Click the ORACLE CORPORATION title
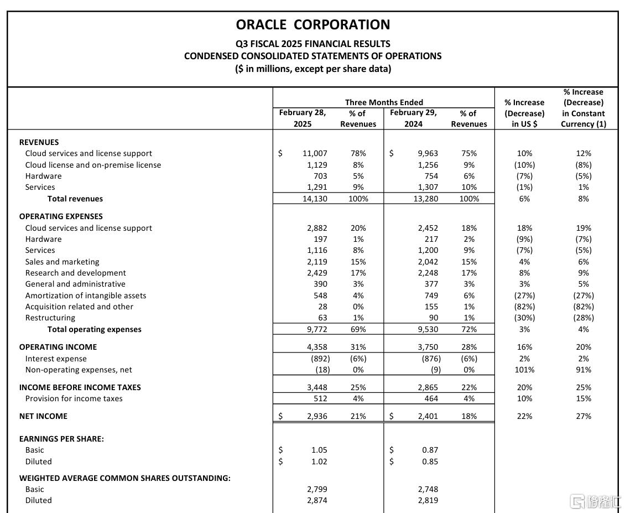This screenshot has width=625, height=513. (x=312, y=25)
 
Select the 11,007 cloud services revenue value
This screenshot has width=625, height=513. (x=315, y=153)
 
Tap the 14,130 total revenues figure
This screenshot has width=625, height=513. (x=315, y=199)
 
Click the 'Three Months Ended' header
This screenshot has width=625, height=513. (x=384, y=102)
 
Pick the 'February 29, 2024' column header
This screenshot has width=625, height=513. (x=413, y=118)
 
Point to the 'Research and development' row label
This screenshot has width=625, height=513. (x=75, y=273)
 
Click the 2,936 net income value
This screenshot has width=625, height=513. (x=317, y=416)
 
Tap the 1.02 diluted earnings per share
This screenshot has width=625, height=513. (x=319, y=462)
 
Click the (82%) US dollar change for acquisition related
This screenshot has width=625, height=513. (x=524, y=307)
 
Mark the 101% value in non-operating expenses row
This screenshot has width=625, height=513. (x=524, y=370)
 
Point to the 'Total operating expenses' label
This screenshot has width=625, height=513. (x=94, y=329)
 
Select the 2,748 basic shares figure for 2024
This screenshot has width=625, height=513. (x=428, y=489)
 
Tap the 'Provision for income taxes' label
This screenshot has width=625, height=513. (x=74, y=398)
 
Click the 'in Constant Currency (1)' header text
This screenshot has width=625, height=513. (x=583, y=118)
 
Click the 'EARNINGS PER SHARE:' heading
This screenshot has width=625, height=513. (x=61, y=439)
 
